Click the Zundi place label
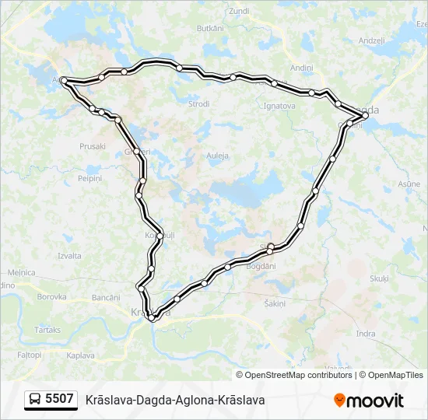click(239, 11)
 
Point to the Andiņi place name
click(301, 68)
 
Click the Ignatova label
click(280, 105)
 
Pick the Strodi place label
click(199, 103)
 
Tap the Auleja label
click(217, 156)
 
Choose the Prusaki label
click(93, 146)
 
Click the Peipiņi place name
click(89, 178)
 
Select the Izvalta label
click(69, 255)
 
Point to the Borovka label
click(52, 296)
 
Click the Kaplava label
click(80, 355)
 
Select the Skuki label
click(379, 278)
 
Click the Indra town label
click(365, 334)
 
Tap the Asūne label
click(409, 184)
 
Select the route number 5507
click(60, 400)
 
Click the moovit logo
click(369, 401)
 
